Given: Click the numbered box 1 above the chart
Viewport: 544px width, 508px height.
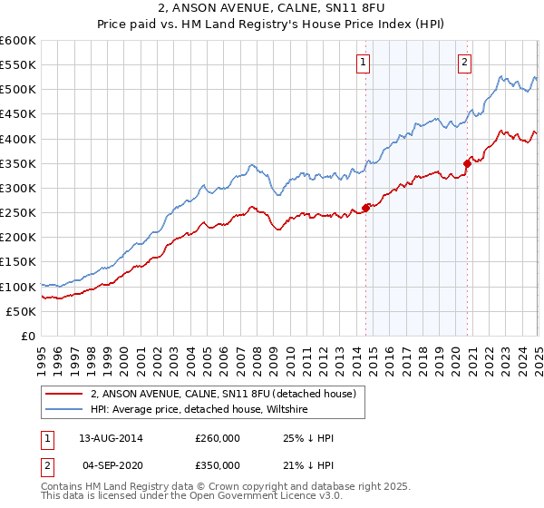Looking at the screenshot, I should (x=363, y=63).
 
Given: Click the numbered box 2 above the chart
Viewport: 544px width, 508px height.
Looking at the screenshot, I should (x=463, y=63).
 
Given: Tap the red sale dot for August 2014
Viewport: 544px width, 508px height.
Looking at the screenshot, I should (x=365, y=208).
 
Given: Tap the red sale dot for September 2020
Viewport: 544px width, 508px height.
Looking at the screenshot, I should (x=467, y=163).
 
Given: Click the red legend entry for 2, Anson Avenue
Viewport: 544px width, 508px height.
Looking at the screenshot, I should (x=227, y=395).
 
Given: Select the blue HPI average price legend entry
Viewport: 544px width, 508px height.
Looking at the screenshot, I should (x=199, y=410).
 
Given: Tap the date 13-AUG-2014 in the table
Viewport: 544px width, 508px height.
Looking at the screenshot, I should (x=111, y=438).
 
